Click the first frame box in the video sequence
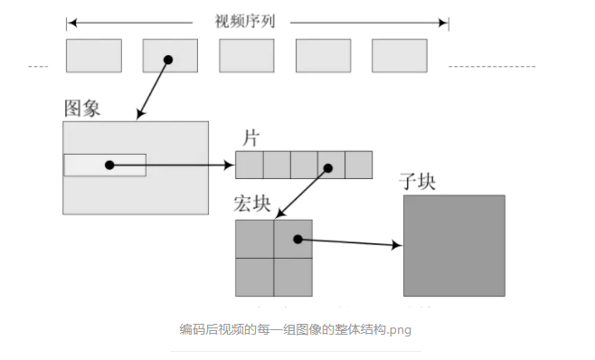point(93,55)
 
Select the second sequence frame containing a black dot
point(169,55)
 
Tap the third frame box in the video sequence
point(246,55)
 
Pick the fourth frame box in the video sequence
point(323,55)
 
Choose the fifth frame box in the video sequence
point(399,55)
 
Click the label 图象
point(81,109)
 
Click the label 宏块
point(252,204)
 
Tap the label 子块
point(417,181)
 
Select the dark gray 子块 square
point(454,244)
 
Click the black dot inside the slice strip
point(331,166)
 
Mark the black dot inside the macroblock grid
point(296,239)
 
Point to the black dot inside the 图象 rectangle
point(109,165)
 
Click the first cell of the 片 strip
point(250,165)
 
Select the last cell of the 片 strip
point(358,165)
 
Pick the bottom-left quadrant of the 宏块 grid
point(254,277)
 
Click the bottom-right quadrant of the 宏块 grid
point(293,277)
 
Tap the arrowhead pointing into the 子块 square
point(397,244)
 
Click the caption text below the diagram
point(296,329)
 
